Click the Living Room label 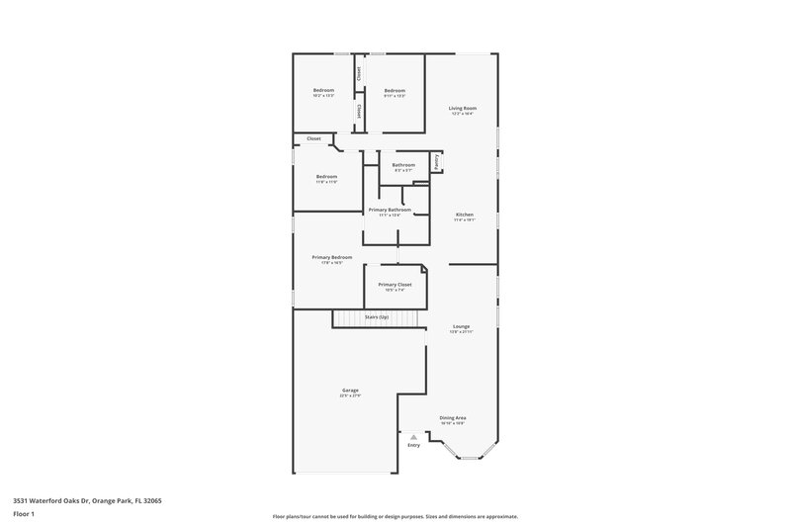click(462, 108)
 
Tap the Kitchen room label click(465, 215)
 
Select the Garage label click(350, 391)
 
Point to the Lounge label click(462, 325)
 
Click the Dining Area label click(453, 417)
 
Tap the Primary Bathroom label click(390, 210)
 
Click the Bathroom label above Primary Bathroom click(403, 165)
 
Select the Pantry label click(437, 161)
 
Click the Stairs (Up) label click(377, 316)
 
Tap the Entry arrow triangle click(414, 436)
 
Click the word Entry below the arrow click(414, 445)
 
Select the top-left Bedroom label click(323, 90)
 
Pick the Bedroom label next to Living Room click(395, 90)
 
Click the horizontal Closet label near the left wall click(313, 138)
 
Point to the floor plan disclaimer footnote click(395, 516)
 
